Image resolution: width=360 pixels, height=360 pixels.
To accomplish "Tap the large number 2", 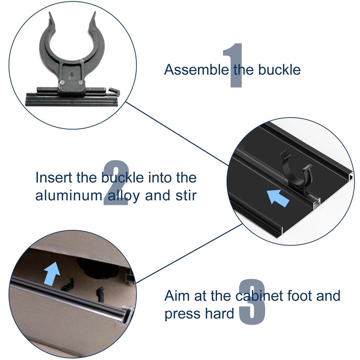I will click(116, 184).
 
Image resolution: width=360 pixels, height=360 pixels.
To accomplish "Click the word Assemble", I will click(197, 70).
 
